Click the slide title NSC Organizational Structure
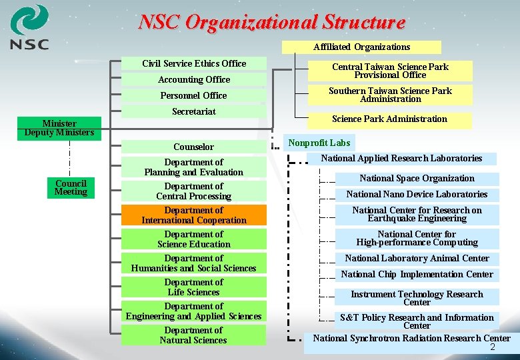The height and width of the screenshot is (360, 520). pyautogui.click(x=271, y=22)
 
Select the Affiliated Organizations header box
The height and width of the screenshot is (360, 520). pyautogui.click(x=361, y=47)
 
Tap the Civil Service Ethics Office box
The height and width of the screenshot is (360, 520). pyautogui.click(x=194, y=64)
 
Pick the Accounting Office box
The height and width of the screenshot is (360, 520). pyautogui.click(x=194, y=80)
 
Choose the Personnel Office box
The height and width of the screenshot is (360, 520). pyautogui.click(x=194, y=96)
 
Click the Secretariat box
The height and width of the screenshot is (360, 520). pyautogui.click(x=194, y=112)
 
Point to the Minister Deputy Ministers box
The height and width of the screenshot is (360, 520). pyautogui.click(x=59, y=128)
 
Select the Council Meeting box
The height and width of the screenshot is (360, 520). pyautogui.click(x=71, y=187)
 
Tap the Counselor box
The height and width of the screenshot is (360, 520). pyautogui.click(x=194, y=147)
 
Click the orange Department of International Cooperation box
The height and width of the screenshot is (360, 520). pyautogui.click(x=194, y=215)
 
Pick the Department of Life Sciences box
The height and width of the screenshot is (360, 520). pyautogui.click(x=194, y=287)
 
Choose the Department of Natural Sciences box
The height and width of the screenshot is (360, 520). pyautogui.click(x=194, y=335)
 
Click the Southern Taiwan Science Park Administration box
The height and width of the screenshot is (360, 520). pyautogui.click(x=390, y=95)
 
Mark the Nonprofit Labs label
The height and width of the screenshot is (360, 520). pyautogui.click(x=319, y=143)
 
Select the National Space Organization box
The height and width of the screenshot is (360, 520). pyautogui.click(x=417, y=179)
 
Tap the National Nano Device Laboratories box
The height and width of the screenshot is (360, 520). pyautogui.click(x=417, y=195)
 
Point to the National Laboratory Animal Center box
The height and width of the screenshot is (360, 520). pyautogui.click(x=417, y=259)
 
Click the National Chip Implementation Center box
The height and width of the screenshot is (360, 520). pyautogui.click(x=417, y=275)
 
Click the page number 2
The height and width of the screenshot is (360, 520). pyautogui.click(x=493, y=348)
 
